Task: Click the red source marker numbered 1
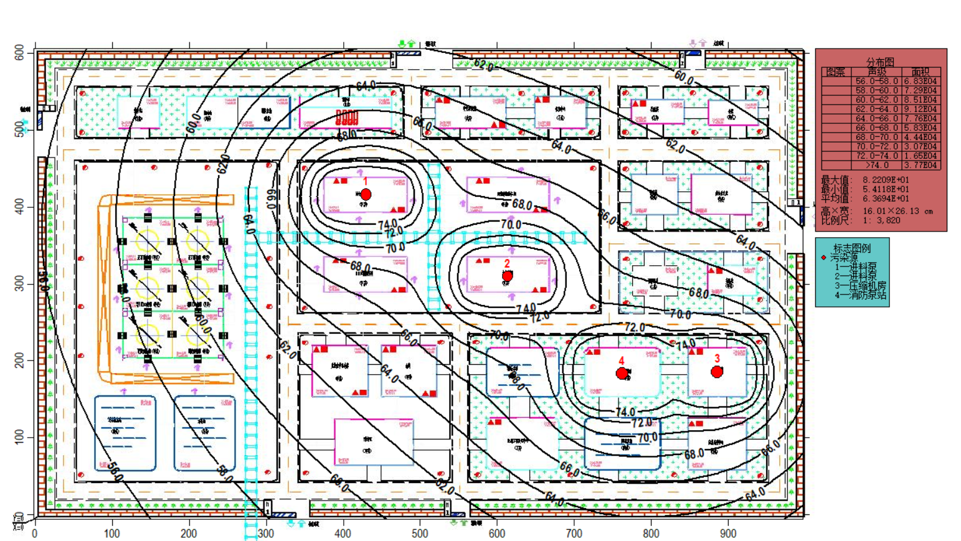[x=366, y=195]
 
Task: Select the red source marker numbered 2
[x=508, y=276]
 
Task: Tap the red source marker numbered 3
[x=717, y=372]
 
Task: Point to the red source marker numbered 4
[x=622, y=374]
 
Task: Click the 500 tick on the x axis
[x=420, y=534]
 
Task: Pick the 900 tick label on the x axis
[x=728, y=534]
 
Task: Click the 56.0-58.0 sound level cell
[x=876, y=81]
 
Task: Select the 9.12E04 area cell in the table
[x=921, y=109]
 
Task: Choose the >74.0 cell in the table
[x=876, y=165]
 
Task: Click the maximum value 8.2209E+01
[x=885, y=180]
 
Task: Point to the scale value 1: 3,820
[x=881, y=220]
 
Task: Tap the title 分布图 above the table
[x=880, y=62]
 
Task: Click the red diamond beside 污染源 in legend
[x=824, y=257]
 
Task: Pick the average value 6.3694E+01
[x=885, y=199]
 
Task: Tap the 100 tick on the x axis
[x=111, y=534]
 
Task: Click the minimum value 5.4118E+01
[x=885, y=189]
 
